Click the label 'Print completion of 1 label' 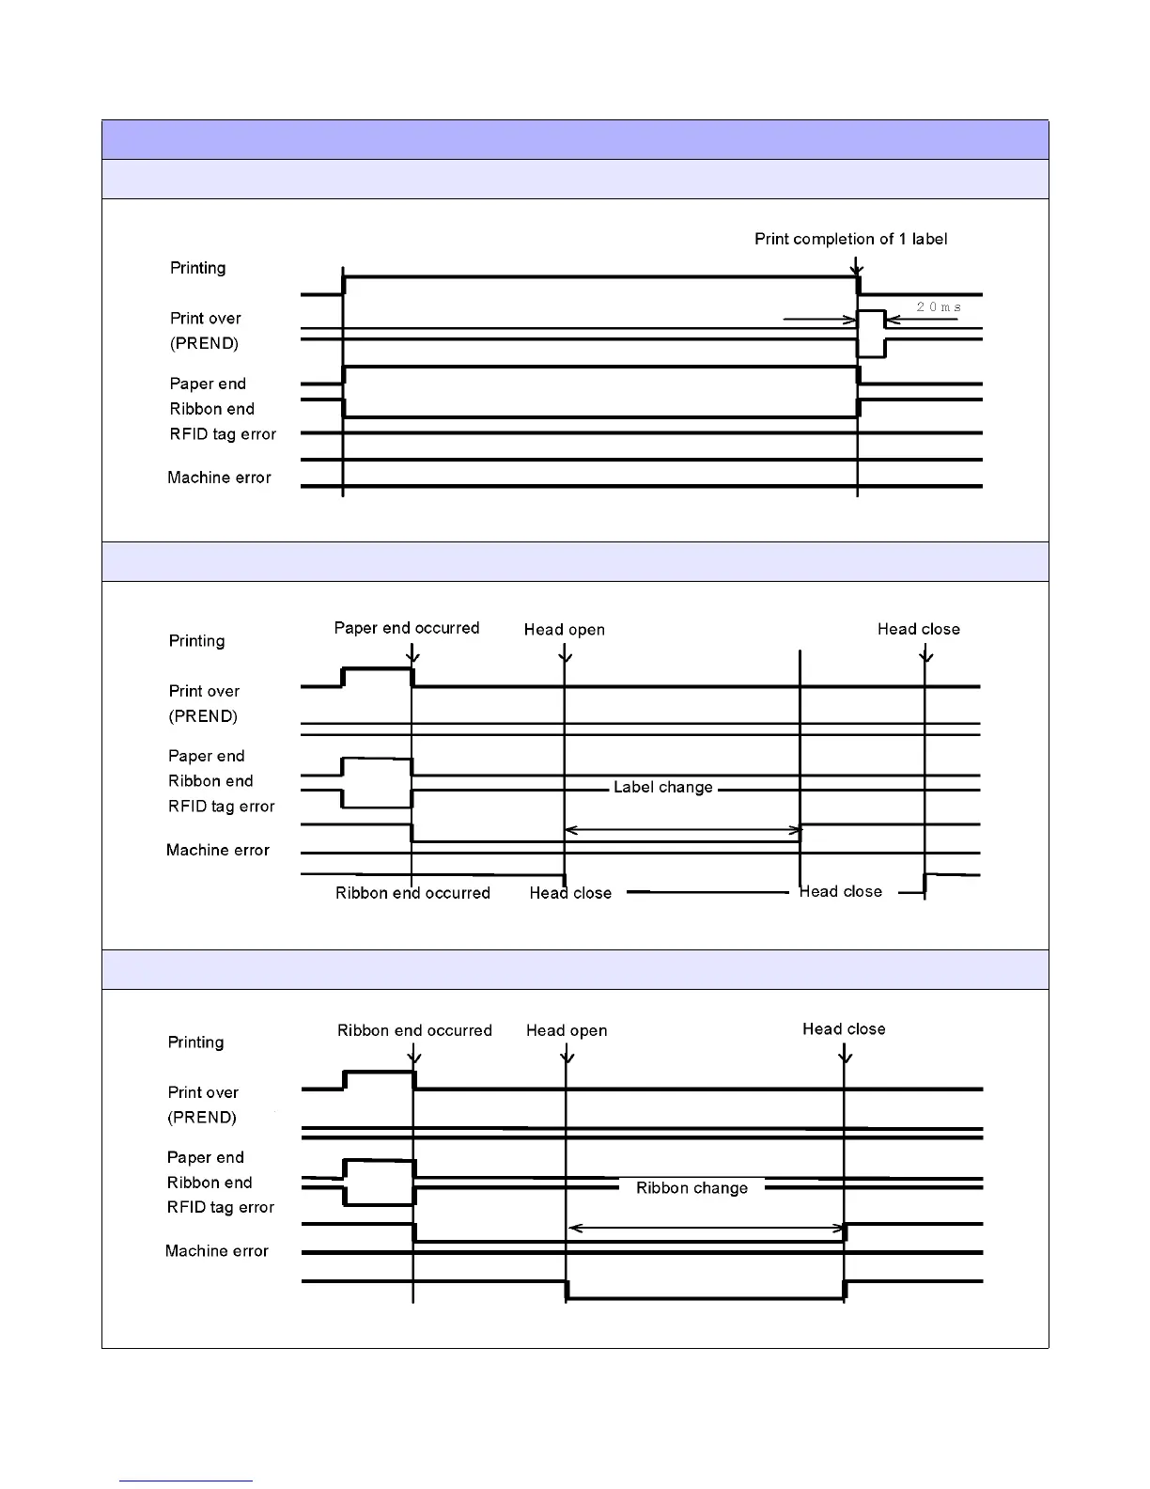(x=850, y=239)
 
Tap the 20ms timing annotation (x=938, y=307)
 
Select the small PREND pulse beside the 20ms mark (x=871, y=333)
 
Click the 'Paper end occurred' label (x=407, y=628)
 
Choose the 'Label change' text (x=662, y=787)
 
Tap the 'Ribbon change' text (x=692, y=1188)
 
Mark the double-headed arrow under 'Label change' (x=682, y=830)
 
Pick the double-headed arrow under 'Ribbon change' (x=707, y=1228)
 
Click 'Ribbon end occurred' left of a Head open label (x=414, y=1030)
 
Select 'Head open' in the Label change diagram (x=564, y=630)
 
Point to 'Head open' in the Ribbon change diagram (x=567, y=1030)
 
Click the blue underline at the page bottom (x=186, y=1481)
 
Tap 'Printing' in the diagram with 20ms (x=197, y=268)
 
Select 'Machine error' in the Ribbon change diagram (x=216, y=1251)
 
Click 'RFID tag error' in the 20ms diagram (x=223, y=434)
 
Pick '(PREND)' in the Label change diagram (x=203, y=716)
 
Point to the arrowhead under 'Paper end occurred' (x=412, y=657)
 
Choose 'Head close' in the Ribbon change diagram (x=844, y=1029)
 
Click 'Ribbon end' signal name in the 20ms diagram (x=211, y=409)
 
